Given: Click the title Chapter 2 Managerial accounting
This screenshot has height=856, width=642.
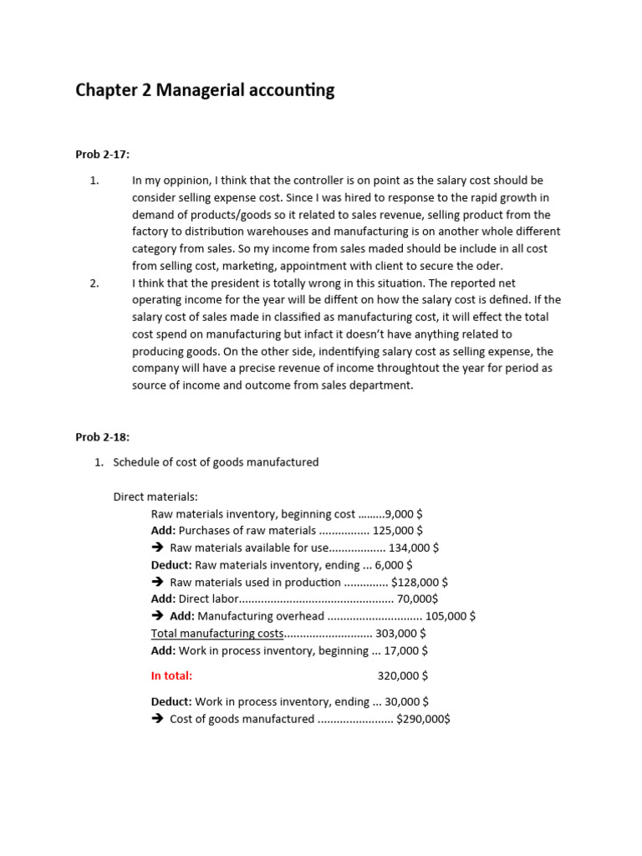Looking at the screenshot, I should (x=205, y=90).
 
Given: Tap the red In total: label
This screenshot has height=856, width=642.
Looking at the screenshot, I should (x=171, y=675).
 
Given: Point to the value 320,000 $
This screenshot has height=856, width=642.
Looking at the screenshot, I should (x=403, y=675).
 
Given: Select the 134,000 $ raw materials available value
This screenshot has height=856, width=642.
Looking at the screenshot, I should (x=414, y=548).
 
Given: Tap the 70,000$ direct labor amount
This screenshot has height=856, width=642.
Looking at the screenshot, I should (x=417, y=599).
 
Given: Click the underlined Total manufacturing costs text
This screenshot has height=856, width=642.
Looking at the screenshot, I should (x=217, y=634).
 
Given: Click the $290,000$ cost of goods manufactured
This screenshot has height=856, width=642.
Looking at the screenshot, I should (x=423, y=719).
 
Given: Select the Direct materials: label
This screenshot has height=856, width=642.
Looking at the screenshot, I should (x=155, y=497).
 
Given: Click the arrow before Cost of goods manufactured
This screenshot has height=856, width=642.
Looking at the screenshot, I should (x=157, y=719).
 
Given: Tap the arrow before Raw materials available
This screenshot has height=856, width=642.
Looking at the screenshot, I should (x=157, y=548).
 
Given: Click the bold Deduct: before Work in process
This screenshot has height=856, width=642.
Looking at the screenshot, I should (x=171, y=702).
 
